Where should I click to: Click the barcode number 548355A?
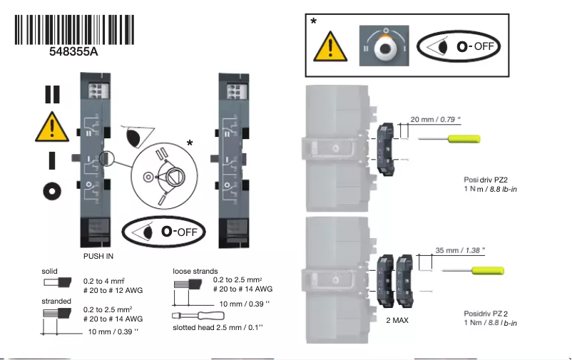coord(73,52)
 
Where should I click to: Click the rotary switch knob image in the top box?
coord(386,46)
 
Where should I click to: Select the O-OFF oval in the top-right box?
coord(460,46)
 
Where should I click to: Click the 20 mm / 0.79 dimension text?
coord(432,118)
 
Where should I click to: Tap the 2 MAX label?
coord(397,321)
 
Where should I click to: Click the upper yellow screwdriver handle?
coord(465,138)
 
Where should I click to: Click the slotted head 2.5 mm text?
coord(218,328)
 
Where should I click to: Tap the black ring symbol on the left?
coord(51,191)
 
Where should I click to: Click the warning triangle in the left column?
coord(51,127)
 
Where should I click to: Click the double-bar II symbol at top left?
coord(51,94)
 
